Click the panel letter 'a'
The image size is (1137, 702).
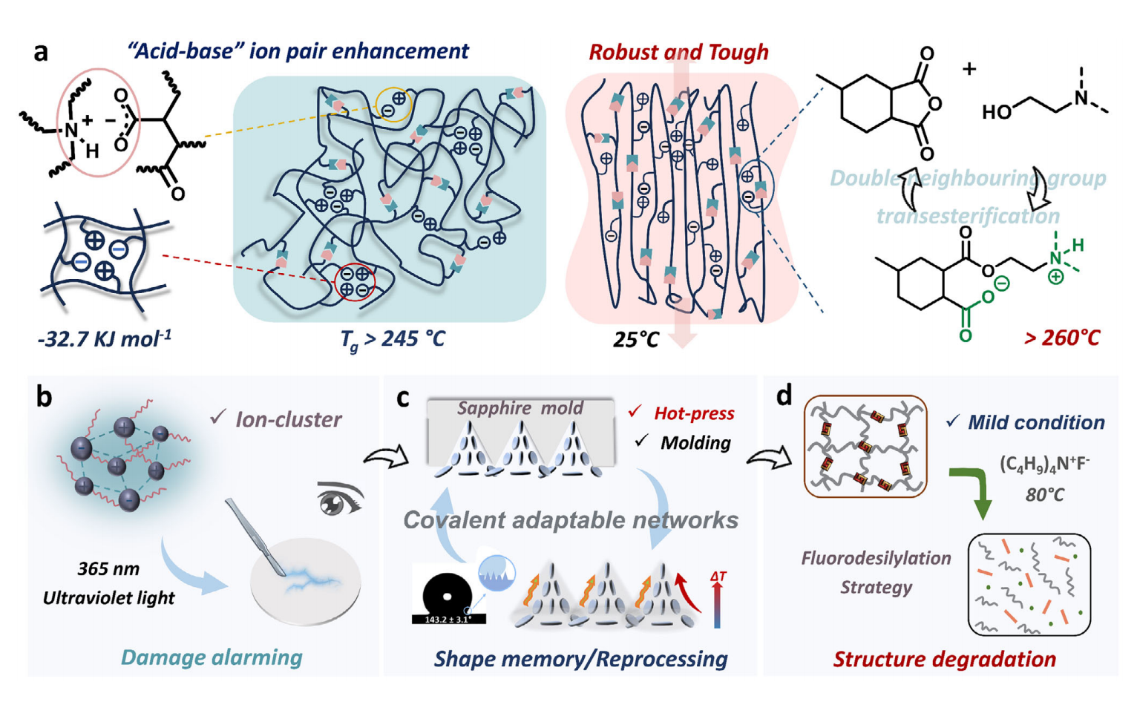(42, 51)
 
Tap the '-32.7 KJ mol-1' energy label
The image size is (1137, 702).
(104, 339)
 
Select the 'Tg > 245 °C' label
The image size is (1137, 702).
(393, 339)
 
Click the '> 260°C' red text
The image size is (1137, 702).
(1061, 338)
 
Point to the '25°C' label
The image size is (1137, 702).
(636, 340)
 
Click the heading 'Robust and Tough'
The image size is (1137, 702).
(678, 52)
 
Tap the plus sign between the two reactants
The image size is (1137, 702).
(969, 69)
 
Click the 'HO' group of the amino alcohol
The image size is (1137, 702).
(996, 112)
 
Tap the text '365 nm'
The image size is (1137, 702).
(108, 569)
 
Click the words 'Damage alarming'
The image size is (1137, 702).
(212, 657)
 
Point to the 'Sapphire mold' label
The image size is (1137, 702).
(520, 408)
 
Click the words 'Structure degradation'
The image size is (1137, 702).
(944, 659)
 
